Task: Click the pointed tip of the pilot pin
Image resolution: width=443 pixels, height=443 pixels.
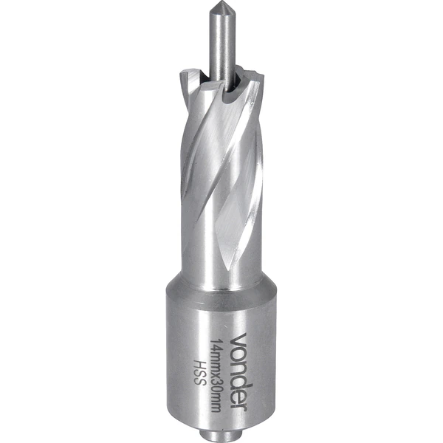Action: pos(220,1)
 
